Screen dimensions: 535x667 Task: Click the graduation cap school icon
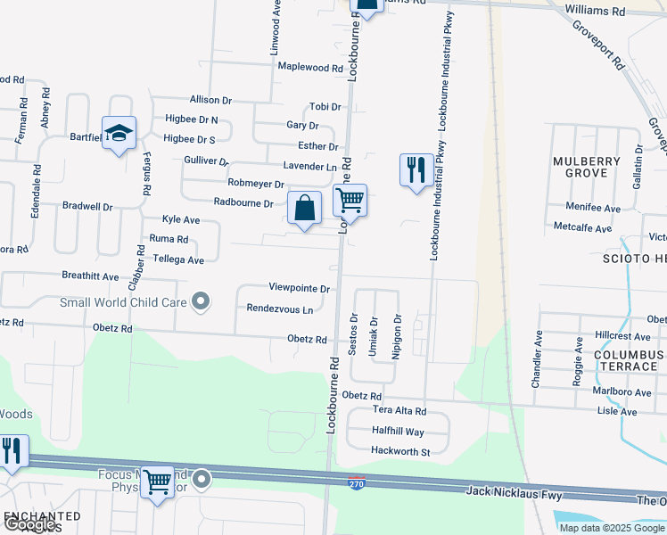[x=119, y=134]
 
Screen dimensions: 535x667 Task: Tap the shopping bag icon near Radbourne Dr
[x=305, y=209]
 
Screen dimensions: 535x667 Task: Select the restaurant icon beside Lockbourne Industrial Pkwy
[x=416, y=170]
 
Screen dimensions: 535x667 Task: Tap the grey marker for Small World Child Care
[x=202, y=301]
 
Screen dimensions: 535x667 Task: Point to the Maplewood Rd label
[x=310, y=68]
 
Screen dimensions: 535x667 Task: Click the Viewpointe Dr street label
[x=300, y=289]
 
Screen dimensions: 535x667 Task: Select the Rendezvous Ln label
[x=281, y=309]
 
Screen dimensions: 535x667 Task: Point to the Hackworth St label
[x=401, y=452]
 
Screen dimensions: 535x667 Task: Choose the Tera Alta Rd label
[x=399, y=411]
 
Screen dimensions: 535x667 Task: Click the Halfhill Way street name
[x=398, y=431]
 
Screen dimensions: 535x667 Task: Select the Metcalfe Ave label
[x=582, y=228]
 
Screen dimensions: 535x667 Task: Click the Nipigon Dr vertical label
[x=398, y=331]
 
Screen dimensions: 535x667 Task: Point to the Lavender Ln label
[x=309, y=167]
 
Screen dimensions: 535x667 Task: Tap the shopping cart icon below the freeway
[x=158, y=482]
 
